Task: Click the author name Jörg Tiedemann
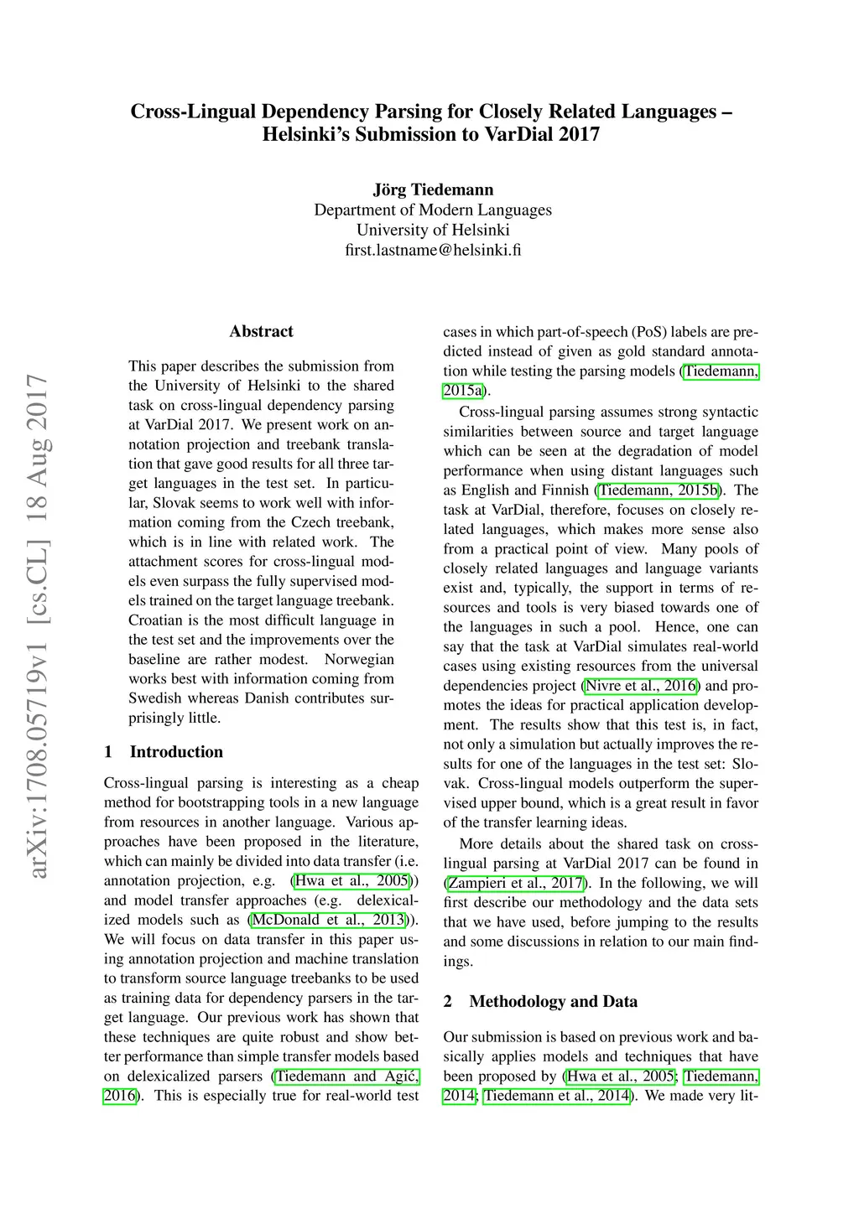433,189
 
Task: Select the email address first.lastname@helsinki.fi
433,250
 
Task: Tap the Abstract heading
261,331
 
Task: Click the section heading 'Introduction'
176,751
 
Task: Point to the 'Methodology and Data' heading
553,1001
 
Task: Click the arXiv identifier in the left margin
38,625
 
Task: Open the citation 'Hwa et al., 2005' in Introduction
352,880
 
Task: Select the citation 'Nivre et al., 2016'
641,686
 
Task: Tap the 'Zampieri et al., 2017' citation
516,883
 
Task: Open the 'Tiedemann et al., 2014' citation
556,1096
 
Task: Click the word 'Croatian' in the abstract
157,620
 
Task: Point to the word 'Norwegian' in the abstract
359,659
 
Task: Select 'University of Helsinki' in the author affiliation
433,230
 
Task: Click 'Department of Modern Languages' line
433,210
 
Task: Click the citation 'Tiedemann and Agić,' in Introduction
346,1077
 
